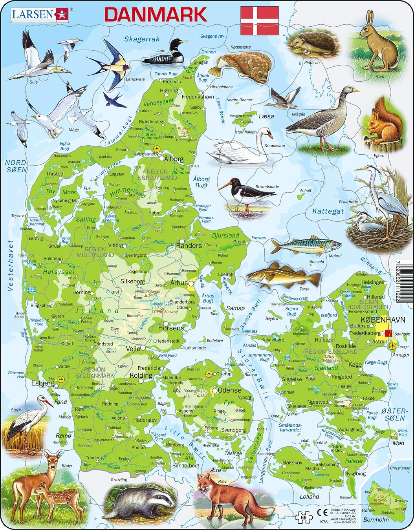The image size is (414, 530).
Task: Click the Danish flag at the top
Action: [260, 20]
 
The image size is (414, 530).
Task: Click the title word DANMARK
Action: [156, 14]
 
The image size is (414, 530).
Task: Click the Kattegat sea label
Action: [328, 211]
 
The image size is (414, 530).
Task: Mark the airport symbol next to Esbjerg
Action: [60, 380]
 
